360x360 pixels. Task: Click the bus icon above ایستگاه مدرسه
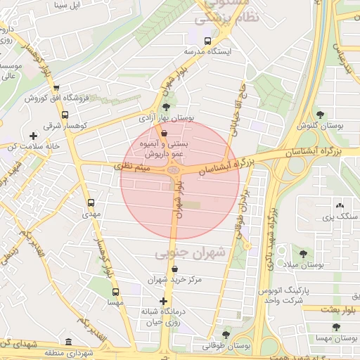click(x=207, y=41)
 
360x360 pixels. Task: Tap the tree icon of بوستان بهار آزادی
click(x=166, y=108)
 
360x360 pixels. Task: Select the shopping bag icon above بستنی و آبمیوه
click(x=164, y=133)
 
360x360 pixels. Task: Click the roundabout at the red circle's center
click(x=174, y=169)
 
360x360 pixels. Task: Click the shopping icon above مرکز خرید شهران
click(x=174, y=269)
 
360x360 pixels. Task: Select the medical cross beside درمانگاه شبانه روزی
click(x=164, y=301)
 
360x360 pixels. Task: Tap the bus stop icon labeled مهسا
click(x=115, y=292)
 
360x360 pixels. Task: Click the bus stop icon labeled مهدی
click(x=91, y=203)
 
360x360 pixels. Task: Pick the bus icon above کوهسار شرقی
click(x=65, y=115)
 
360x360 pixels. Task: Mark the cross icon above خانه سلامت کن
click(x=33, y=136)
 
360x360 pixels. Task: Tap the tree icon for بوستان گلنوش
click(x=320, y=115)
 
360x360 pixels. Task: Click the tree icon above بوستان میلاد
click(x=303, y=254)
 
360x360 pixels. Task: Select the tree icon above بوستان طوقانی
click(x=225, y=335)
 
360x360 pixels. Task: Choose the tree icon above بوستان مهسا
click(x=336, y=327)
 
